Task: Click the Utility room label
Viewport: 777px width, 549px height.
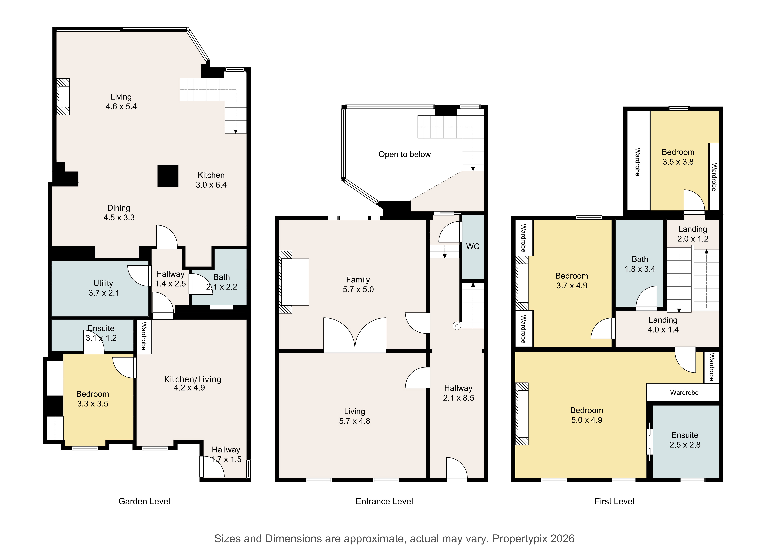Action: click(x=103, y=283)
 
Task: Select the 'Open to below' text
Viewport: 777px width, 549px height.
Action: click(x=405, y=154)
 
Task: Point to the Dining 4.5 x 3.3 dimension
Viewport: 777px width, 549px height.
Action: click(x=119, y=217)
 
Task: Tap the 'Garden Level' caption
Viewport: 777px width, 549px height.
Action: click(x=144, y=501)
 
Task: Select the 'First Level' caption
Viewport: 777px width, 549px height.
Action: click(x=614, y=501)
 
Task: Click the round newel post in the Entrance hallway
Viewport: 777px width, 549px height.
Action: click(x=457, y=326)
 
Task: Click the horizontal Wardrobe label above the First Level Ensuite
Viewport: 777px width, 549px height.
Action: click(x=684, y=393)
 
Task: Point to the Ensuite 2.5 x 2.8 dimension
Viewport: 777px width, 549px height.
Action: click(x=685, y=445)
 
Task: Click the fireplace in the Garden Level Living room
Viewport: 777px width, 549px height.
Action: click(x=63, y=97)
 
